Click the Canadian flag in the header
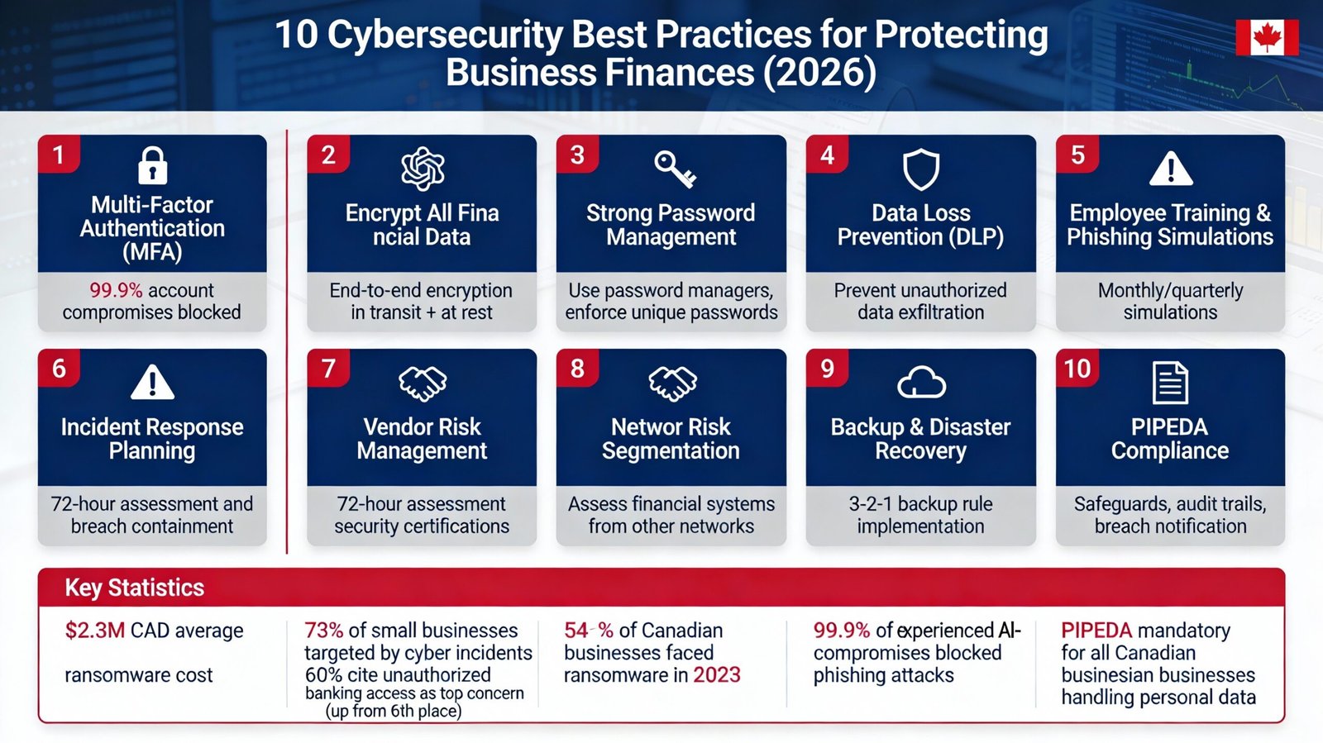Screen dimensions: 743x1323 point(1267,37)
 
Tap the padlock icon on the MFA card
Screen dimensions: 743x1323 point(152,165)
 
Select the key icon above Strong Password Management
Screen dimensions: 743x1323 point(675,169)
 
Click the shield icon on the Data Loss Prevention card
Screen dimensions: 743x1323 point(920,170)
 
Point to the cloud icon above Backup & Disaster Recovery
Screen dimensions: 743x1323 point(921,383)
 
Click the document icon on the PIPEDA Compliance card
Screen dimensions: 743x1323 point(1170,383)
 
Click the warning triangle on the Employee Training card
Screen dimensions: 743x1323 point(1171,169)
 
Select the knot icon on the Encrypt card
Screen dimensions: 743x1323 point(423,169)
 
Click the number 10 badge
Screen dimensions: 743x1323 point(1077,369)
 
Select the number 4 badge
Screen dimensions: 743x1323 point(827,155)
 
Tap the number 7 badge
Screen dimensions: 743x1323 point(328,369)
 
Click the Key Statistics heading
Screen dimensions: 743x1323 point(135,588)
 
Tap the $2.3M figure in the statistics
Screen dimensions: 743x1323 point(95,631)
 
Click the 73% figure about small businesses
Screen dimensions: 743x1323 point(323,631)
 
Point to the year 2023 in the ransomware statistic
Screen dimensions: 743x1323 point(716,675)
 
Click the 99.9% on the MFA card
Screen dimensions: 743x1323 point(116,290)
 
